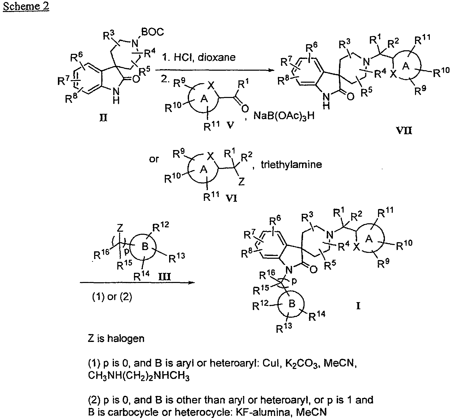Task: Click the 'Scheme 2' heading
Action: (26, 6)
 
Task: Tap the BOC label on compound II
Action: (152, 32)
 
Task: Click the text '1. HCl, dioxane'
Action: (199, 57)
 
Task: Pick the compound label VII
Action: (405, 131)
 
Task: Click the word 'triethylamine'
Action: (291, 164)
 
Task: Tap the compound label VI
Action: (232, 198)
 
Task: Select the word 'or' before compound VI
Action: (154, 159)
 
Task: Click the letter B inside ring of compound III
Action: (145, 247)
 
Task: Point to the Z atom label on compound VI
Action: (242, 181)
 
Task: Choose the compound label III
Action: (164, 276)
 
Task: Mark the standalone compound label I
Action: (358, 306)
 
